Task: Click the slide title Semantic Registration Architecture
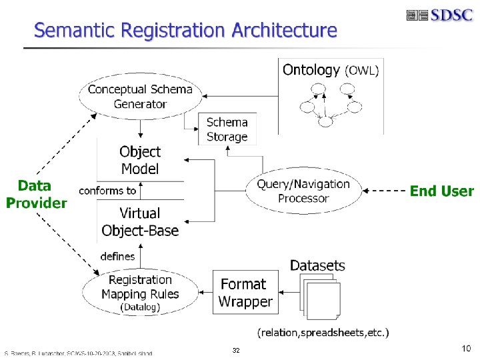[185, 30]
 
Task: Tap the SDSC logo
[439, 15]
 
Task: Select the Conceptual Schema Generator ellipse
[140, 96]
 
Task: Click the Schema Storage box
[227, 129]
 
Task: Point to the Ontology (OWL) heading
[331, 70]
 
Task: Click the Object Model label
[140, 160]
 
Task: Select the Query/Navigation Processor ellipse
[303, 191]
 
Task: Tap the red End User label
[441, 191]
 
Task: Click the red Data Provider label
[37, 194]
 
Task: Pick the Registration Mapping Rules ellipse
[140, 293]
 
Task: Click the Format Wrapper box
[246, 293]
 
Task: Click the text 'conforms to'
[107, 191]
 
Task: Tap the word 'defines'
[117, 256]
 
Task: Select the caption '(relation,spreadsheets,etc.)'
[323, 332]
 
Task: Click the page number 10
[465, 349]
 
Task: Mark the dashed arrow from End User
[387, 191]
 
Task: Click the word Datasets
[317, 265]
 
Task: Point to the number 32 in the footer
[236, 350]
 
